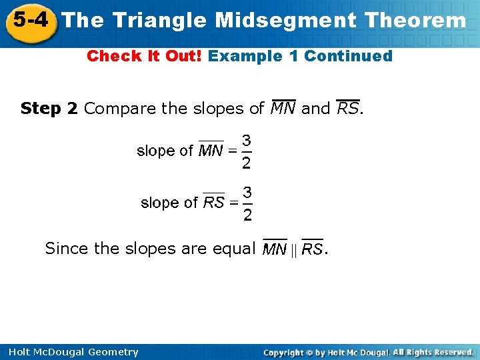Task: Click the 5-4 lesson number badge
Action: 30,20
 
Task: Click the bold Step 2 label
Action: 49,108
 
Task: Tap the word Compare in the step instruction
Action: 116,108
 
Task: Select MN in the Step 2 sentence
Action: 283,108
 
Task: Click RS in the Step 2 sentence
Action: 347,108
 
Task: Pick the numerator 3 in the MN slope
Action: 247,141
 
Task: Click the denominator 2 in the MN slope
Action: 247,162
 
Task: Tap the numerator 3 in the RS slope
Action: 247,193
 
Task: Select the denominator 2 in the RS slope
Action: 247,214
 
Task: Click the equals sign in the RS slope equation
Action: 233,203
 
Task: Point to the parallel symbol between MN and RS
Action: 293,250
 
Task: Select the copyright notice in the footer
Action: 368,352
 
